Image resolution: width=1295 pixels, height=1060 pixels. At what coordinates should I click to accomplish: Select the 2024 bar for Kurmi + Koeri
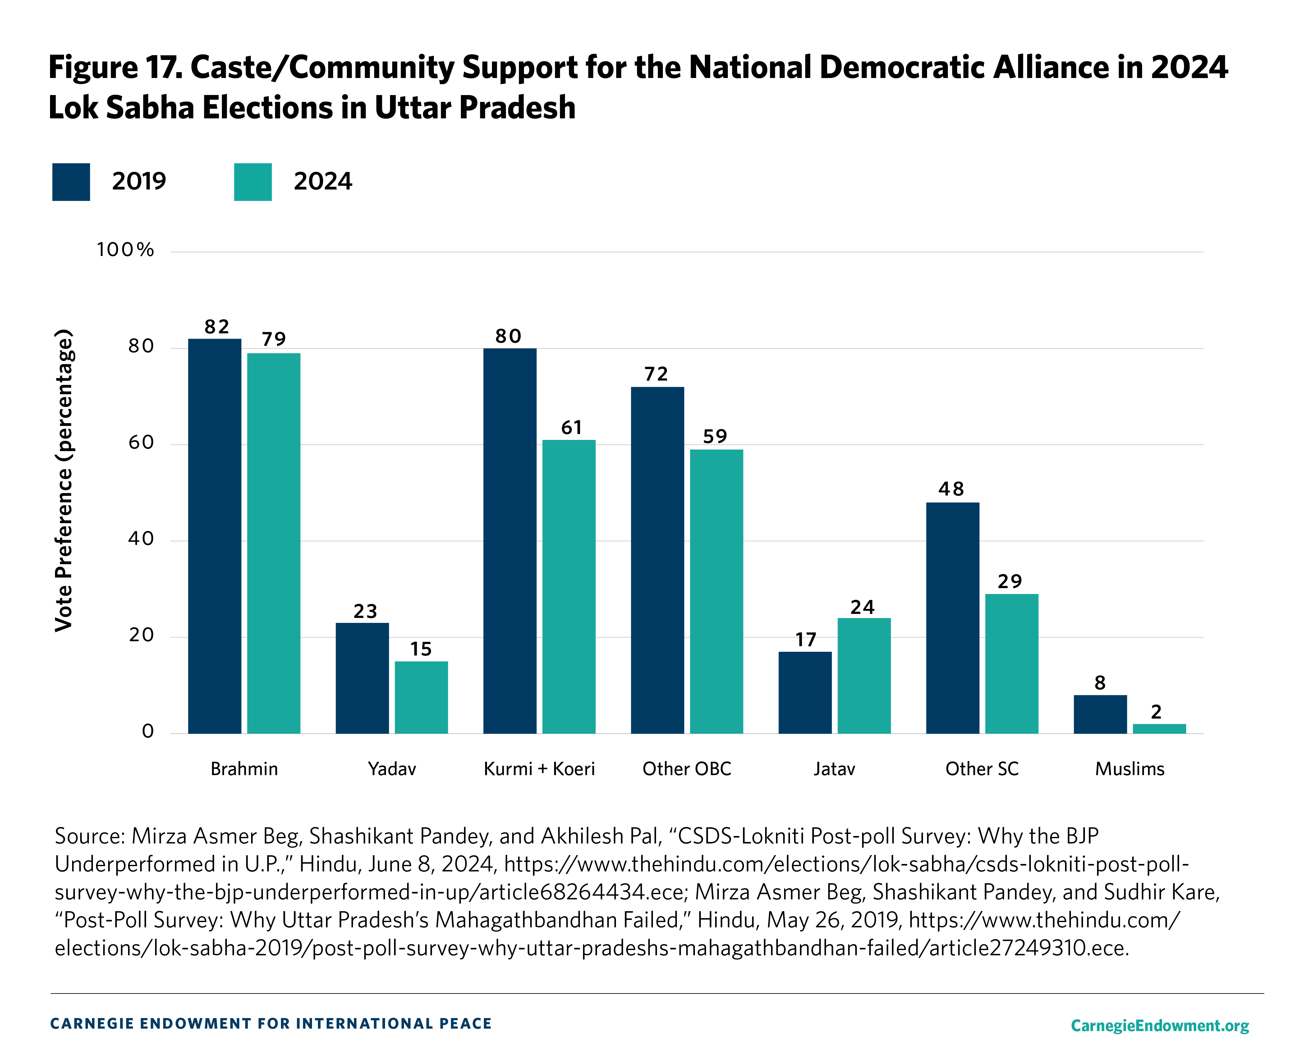click(x=569, y=586)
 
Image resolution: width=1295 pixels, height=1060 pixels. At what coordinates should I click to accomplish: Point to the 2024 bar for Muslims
click(x=1159, y=729)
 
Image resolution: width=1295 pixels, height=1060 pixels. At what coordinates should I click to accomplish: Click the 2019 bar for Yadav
click(x=362, y=678)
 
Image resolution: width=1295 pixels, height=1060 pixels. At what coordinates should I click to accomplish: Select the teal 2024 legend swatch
click(x=253, y=182)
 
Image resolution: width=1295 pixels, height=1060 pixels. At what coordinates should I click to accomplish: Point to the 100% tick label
click(x=125, y=250)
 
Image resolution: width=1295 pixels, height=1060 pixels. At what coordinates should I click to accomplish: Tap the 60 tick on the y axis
click(x=141, y=443)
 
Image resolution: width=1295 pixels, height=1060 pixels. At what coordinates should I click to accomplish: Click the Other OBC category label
click(x=687, y=769)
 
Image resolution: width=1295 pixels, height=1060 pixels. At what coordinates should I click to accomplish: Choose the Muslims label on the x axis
click(x=1129, y=769)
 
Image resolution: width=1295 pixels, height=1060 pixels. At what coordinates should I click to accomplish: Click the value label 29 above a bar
click(x=1010, y=581)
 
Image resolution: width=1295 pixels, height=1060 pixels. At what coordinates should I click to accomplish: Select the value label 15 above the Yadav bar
click(x=421, y=649)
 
